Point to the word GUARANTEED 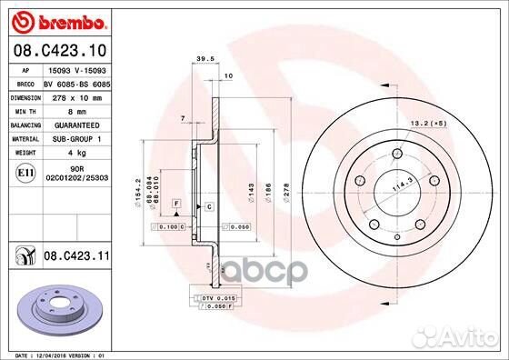(75, 124)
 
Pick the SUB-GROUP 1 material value (75, 138)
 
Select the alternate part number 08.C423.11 (76, 258)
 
